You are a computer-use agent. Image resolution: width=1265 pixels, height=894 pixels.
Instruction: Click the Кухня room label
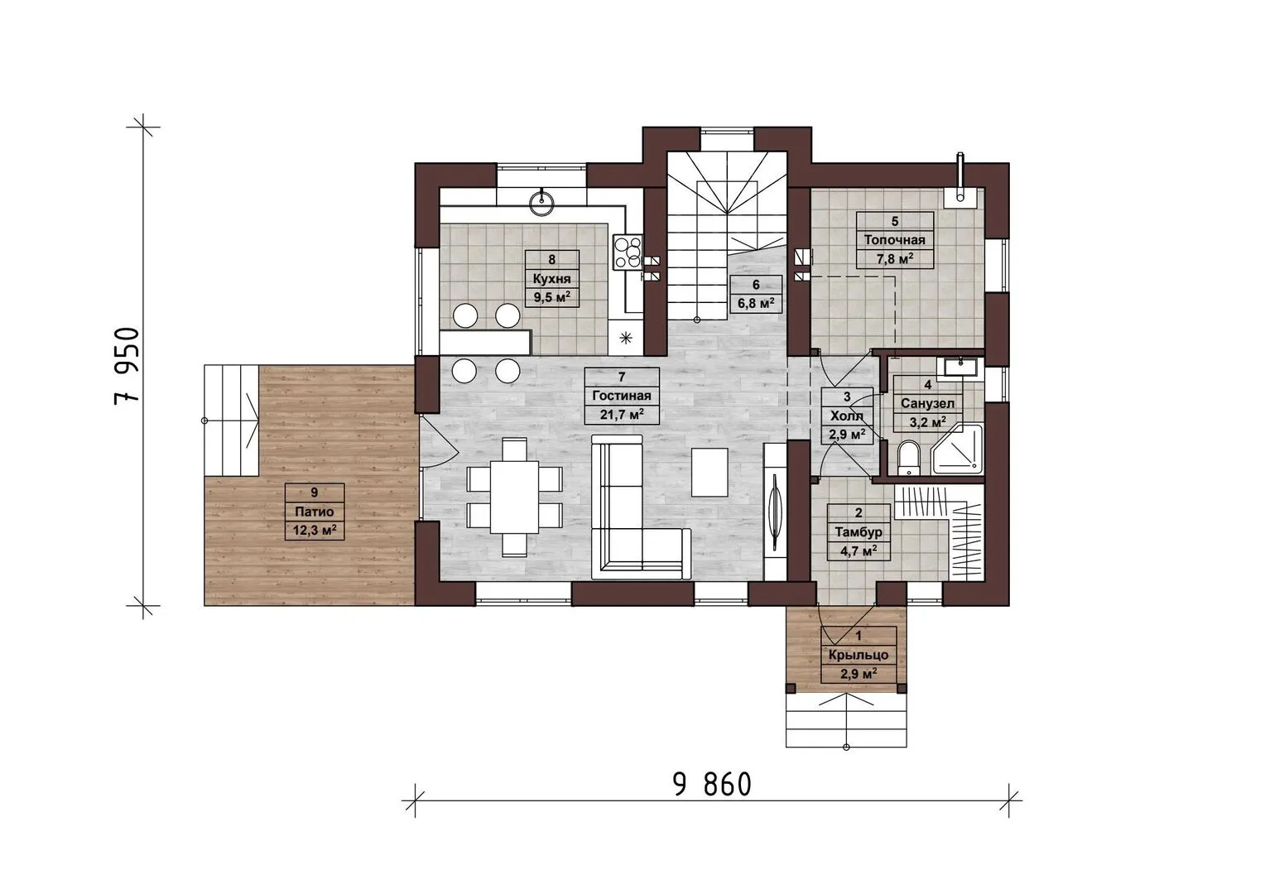[551, 278]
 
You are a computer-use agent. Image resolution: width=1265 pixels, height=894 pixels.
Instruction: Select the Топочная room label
[895, 240]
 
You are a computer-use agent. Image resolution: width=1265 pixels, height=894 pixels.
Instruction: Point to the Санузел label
[927, 403]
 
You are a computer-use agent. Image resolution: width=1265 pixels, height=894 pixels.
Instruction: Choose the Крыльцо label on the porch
[859, 655]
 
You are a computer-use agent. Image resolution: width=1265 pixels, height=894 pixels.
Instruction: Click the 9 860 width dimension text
[712, 785]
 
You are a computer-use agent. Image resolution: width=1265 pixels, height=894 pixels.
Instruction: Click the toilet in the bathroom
[908, 459]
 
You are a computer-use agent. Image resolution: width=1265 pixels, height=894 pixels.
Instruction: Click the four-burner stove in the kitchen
[628, 252]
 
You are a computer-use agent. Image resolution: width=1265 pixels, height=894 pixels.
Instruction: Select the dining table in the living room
[514, 497]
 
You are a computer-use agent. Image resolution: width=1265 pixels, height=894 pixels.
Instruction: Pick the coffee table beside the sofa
[709, 472]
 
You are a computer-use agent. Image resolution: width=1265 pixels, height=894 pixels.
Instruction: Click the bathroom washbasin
[960, 368]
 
